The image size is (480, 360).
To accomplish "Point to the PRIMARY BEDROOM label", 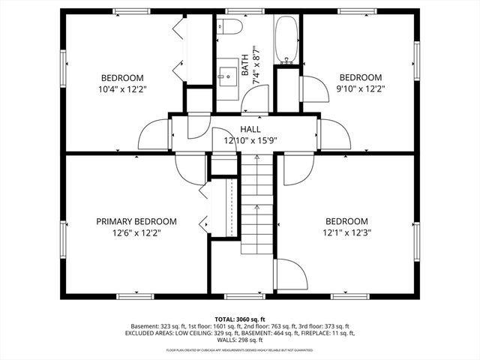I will pyautogui.click(x=136, y=221).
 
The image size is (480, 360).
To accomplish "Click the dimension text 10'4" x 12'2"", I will pyautogui.click(x=121, y=90).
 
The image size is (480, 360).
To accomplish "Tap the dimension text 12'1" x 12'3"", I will pyautogui.click(x=346, y=233).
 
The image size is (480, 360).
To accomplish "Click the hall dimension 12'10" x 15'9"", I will pyautogui.click(x=250, y=140).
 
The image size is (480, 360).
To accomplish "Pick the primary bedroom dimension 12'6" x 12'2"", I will pyautogui.click(x=136, y=233).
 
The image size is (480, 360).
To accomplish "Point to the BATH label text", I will pyautogui.click(x=244, y=62).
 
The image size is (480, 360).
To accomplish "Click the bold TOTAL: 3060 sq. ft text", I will pyautogui.click(x=240, y=319).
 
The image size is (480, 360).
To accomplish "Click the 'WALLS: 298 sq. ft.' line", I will pyautogui.click(x=240, y=341).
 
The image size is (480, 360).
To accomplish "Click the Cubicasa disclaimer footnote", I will pyautogui.click(x=240, y=350).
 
